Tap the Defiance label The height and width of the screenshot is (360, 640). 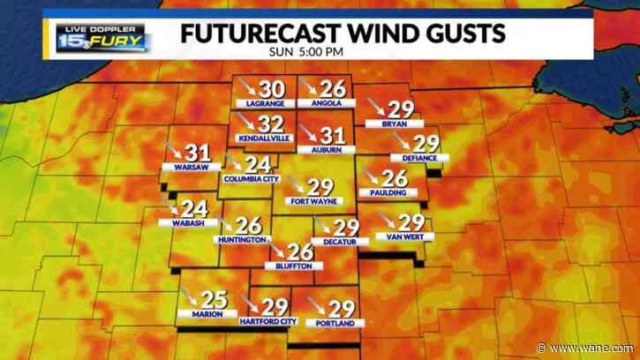(419, 158)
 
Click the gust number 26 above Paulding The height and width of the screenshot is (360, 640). (394, 177)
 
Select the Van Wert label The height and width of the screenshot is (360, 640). (402, 236)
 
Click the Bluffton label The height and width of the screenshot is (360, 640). (294, 266)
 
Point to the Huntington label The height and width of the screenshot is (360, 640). (240, 240)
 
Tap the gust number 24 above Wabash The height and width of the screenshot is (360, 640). (193, 209)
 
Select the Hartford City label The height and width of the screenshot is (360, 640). (268, 322)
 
